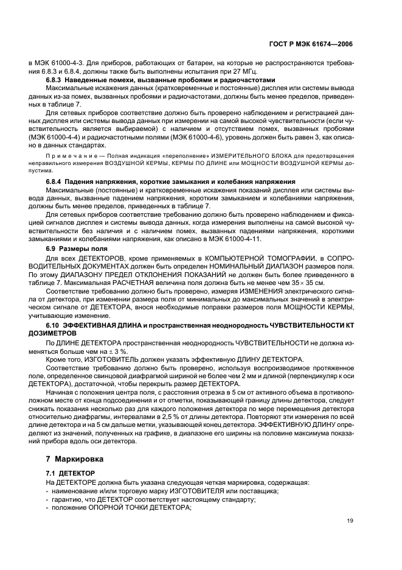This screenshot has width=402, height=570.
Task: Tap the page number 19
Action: [x=349, y=521]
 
